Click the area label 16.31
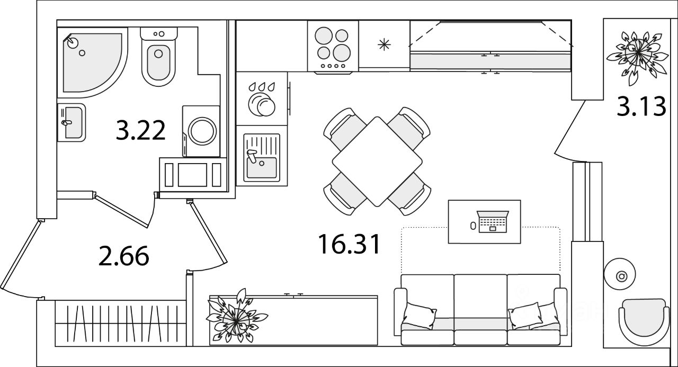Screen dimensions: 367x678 349,244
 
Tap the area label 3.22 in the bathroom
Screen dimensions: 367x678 141,130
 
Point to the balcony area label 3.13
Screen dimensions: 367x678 641,107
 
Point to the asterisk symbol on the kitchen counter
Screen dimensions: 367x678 383,44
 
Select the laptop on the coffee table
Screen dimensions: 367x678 492,222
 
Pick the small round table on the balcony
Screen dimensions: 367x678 622,276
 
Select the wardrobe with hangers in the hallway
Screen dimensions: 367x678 120,323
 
